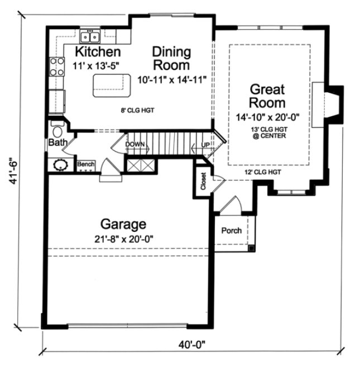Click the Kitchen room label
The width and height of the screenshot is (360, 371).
point(98,53)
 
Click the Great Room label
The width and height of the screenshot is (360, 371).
point(267,96)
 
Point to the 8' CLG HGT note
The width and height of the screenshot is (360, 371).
point(138,111)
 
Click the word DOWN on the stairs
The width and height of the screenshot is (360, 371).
point(135,144)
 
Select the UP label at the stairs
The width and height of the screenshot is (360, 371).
point(205,145)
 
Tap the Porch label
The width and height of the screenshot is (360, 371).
point(232,231)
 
